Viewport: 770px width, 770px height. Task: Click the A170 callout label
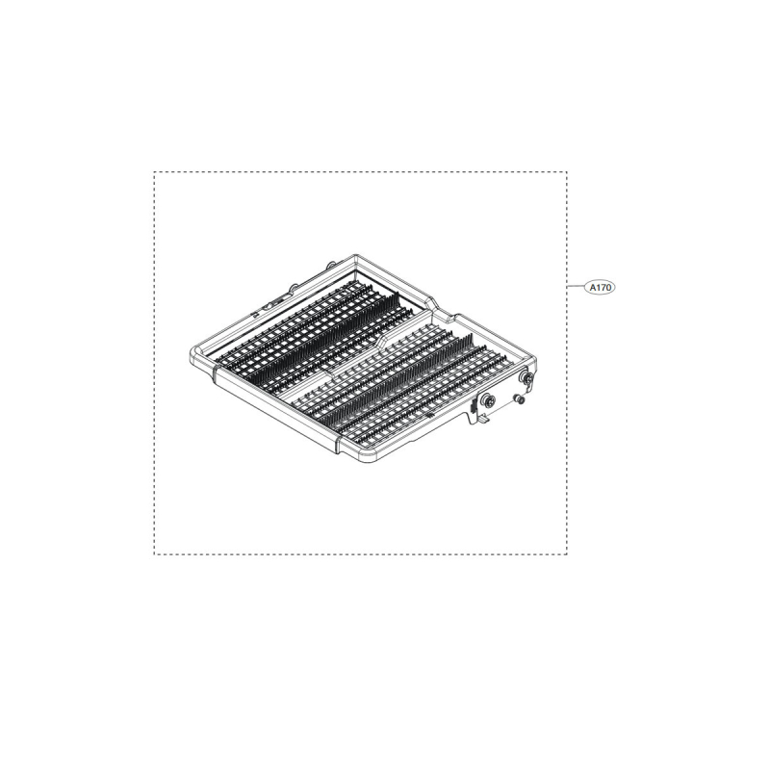coord(598,286)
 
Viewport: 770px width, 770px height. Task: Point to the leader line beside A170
coord(575,286)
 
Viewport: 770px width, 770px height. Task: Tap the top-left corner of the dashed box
coord(155,173)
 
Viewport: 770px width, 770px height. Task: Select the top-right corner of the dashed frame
coord(567,173)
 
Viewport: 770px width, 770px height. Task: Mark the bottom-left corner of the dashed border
coord(155,553)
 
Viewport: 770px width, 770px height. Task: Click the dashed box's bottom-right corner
coord(567,553)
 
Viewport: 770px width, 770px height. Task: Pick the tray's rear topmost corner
coord(356,256)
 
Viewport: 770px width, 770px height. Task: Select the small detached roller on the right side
coord(522,399)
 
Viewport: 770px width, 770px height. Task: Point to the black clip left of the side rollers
coord(472,404)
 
